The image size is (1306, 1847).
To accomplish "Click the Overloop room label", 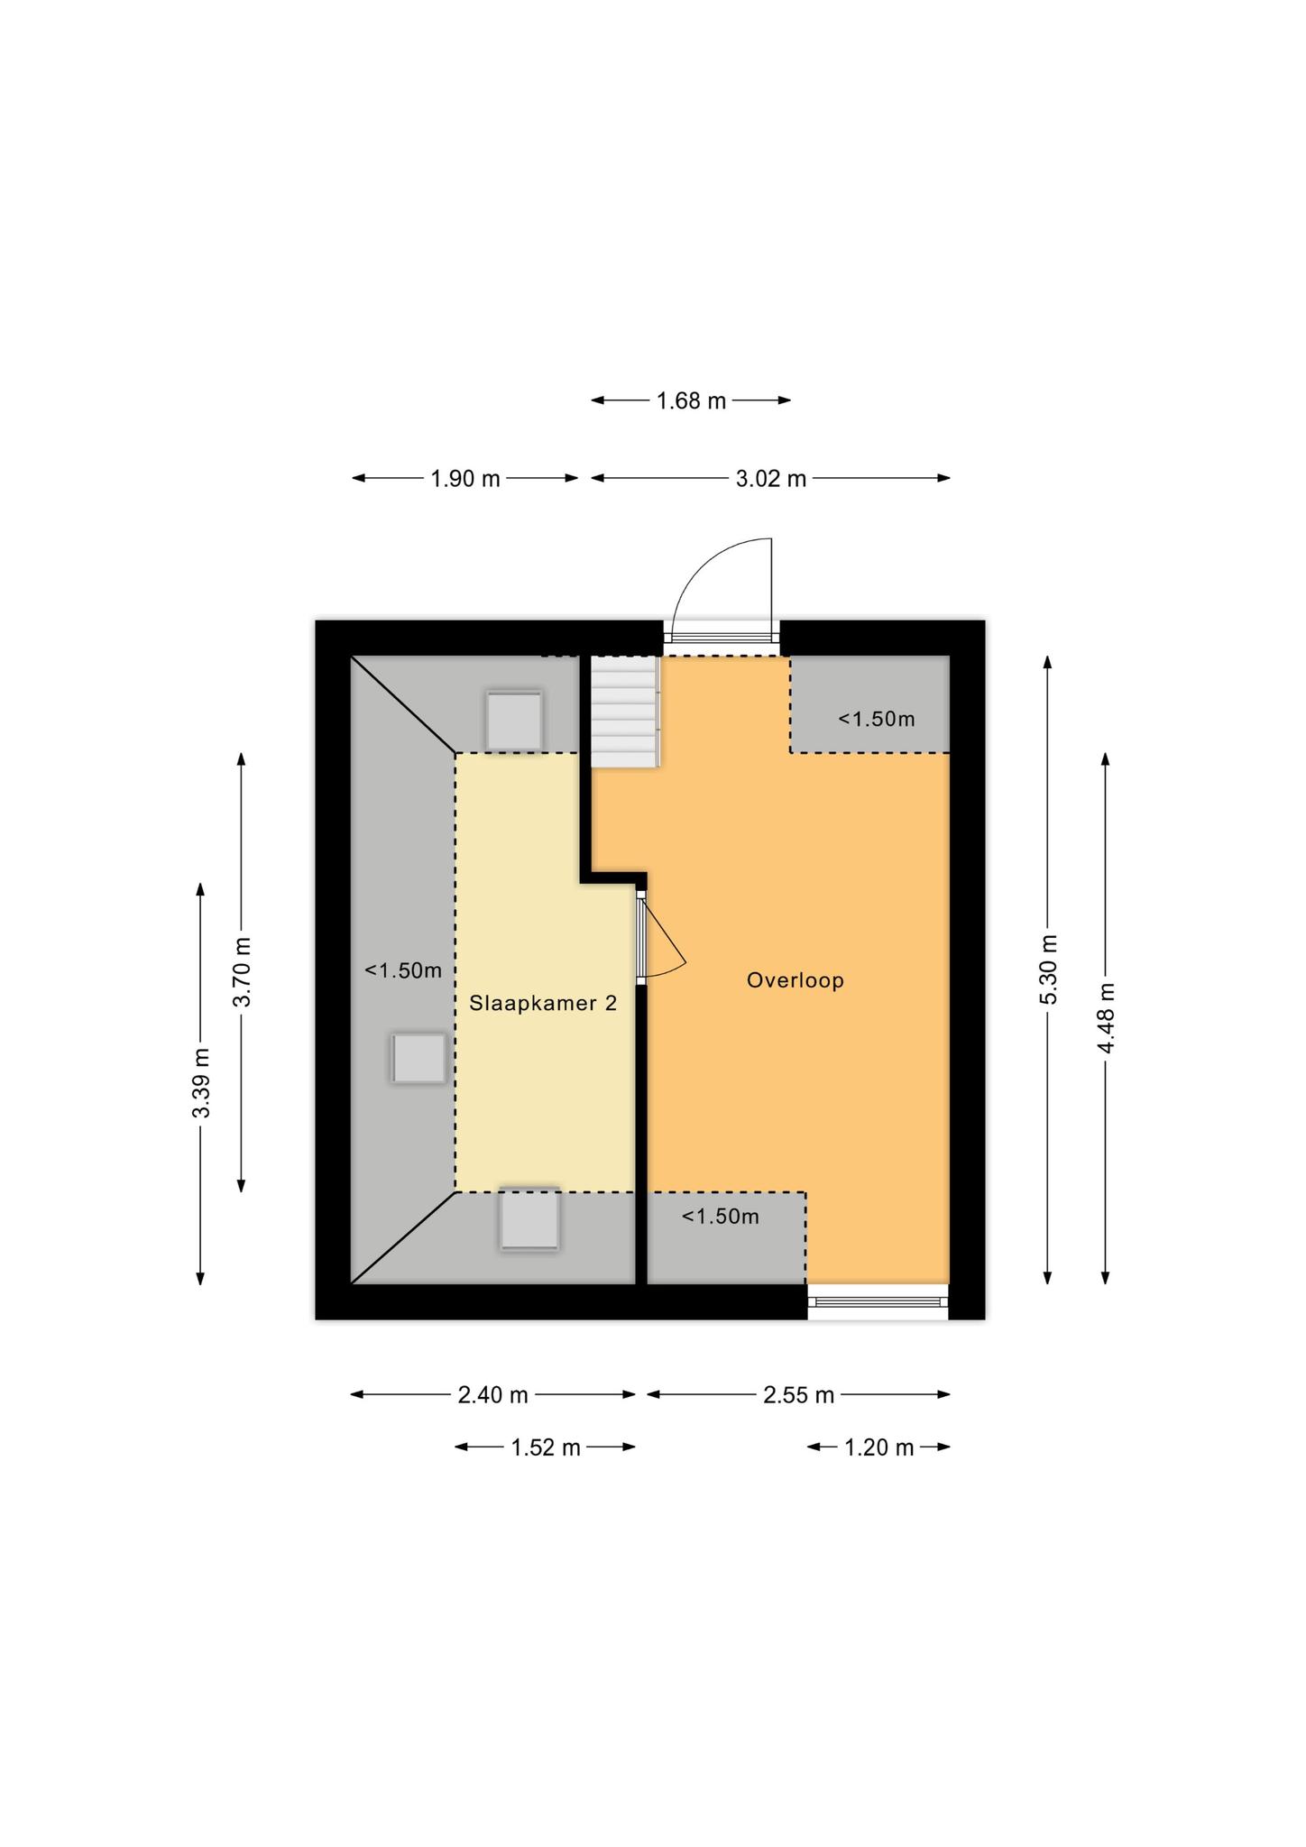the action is (x=795, y=980).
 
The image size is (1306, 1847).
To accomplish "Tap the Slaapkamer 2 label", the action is (x=543, y=1003).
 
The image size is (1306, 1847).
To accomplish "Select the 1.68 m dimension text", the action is (x=691, y=401).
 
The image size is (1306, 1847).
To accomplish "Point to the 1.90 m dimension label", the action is (x=464, y=479).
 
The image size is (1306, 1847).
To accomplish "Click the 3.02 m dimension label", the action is (x=771, y=479).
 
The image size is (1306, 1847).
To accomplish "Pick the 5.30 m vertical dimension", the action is (x=1048, y=969).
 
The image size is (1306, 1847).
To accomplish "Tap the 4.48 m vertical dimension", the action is (x=1106, y=1018).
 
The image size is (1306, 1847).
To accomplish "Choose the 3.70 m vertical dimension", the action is (x=242, y=972).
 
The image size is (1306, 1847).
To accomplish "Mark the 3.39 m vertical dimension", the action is (x=200, y=1083).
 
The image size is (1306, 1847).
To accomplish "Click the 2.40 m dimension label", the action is (x=492, y=1395).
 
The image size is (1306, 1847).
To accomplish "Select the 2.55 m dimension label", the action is (x=798, y=1395).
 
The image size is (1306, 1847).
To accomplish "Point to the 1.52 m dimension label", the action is (x=546, y=1447).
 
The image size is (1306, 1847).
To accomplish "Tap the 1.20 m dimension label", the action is (x=878, y=1447).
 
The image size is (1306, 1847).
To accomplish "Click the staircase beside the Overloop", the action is (x=625, y=712).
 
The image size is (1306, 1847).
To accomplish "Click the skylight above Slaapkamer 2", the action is (x=514, y=720).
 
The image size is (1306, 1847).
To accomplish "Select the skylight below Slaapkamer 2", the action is (x=529, y=1220).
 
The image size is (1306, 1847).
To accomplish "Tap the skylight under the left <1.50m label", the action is (x=418, y=1058).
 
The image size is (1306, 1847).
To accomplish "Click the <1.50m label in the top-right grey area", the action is (x=876, y=719).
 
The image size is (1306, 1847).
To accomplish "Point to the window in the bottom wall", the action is (x=878, y=1301).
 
